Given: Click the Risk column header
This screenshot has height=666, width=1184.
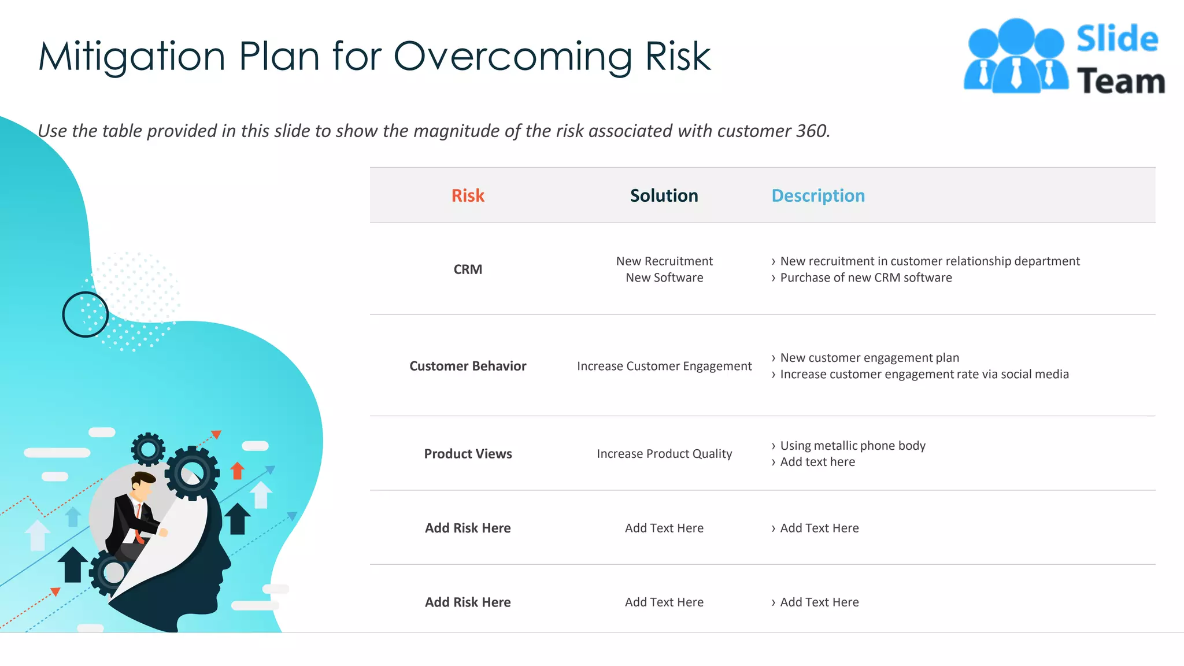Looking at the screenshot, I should (x=468, y=195).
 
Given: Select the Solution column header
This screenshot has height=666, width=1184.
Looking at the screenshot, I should (x=664, y=195).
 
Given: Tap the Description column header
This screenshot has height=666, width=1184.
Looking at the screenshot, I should (x=818, y=195).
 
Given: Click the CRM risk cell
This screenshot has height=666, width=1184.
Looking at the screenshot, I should (x=468, y=269).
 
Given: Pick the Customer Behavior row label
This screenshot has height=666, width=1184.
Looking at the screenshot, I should (x=468, y=366).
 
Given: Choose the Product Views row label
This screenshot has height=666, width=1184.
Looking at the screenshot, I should (x=468, y=454).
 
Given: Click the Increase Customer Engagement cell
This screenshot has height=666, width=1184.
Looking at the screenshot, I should (x=664, y=366).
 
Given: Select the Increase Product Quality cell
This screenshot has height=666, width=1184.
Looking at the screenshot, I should (x=664, y=454).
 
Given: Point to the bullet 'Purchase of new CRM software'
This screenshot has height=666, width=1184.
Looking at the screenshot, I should (x=865, y=277).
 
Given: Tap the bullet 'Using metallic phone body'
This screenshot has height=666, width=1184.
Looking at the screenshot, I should (x=853, y=446).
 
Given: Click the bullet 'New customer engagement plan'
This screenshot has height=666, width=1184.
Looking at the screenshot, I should (x=869, y=358).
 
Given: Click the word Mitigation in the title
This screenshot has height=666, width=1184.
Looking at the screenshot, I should (x=132, y=57).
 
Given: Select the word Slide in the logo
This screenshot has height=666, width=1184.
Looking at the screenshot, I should (x=1117, y=39).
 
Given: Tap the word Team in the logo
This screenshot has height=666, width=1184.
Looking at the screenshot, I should (x=1120, y=81).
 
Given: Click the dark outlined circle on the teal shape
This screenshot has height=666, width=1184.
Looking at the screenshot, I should (x=86, y=314).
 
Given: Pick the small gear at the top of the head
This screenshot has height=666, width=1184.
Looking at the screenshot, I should (x=148, y=449).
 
